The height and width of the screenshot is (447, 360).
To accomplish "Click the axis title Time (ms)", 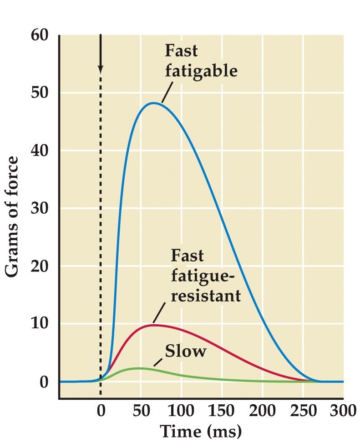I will [x=201, y=431].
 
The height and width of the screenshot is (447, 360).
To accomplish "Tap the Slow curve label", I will [x=186, y=351].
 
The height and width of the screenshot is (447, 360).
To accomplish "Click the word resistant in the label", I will [x=205, y=296].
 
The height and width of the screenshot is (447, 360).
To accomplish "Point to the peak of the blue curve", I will [x=154, y=103].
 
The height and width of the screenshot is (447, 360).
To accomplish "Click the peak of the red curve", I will [x=154, y=325].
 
